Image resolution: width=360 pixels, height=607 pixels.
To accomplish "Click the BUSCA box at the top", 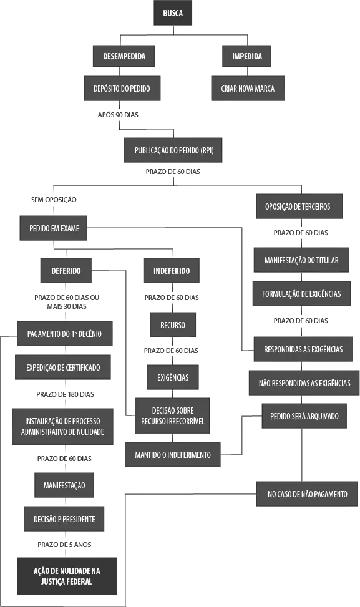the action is (x=173, y=12).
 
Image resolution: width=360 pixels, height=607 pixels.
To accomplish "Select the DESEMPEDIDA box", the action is (x=124, y=56).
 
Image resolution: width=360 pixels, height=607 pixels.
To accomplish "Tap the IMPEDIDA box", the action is (x=246, y=56).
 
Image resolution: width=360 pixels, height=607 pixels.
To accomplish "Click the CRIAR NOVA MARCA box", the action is (x=248, y=89).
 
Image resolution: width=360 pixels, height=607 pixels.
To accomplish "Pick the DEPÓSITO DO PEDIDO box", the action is (x=122, y=89).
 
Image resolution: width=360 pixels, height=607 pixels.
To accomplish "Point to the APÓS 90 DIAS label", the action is (x=118, y=115).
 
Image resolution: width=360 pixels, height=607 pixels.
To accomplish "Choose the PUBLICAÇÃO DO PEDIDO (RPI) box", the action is (x=173, y=150).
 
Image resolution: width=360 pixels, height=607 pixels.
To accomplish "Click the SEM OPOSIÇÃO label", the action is (x=54, y=200).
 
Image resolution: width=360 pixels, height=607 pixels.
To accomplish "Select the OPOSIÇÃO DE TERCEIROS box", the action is (x=299, y=206).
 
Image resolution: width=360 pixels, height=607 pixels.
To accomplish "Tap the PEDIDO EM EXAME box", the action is (x=54, y=228).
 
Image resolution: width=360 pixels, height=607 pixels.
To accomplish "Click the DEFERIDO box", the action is (x=66, y=271).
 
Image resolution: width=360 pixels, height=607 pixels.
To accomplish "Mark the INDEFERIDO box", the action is (x=172, y=271).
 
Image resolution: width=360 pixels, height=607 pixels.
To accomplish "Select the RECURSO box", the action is (x=173, y=325).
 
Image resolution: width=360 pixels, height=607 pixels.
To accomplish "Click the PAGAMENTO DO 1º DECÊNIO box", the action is (x=65, y=333).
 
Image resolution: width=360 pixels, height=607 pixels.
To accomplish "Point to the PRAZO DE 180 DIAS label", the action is (x=65, y=394).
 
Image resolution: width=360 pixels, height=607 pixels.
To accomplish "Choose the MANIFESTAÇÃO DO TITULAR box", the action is (x=301, y=260).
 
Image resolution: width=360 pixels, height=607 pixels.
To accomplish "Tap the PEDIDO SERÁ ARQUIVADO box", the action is (x=304, y=416).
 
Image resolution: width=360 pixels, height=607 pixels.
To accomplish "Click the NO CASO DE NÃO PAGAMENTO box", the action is (x=307, y=494).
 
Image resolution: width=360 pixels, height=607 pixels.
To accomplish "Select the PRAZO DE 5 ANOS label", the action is (x=64, y=545).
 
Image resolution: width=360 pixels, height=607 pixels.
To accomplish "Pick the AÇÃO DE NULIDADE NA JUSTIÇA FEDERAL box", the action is (x=67, y=576).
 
